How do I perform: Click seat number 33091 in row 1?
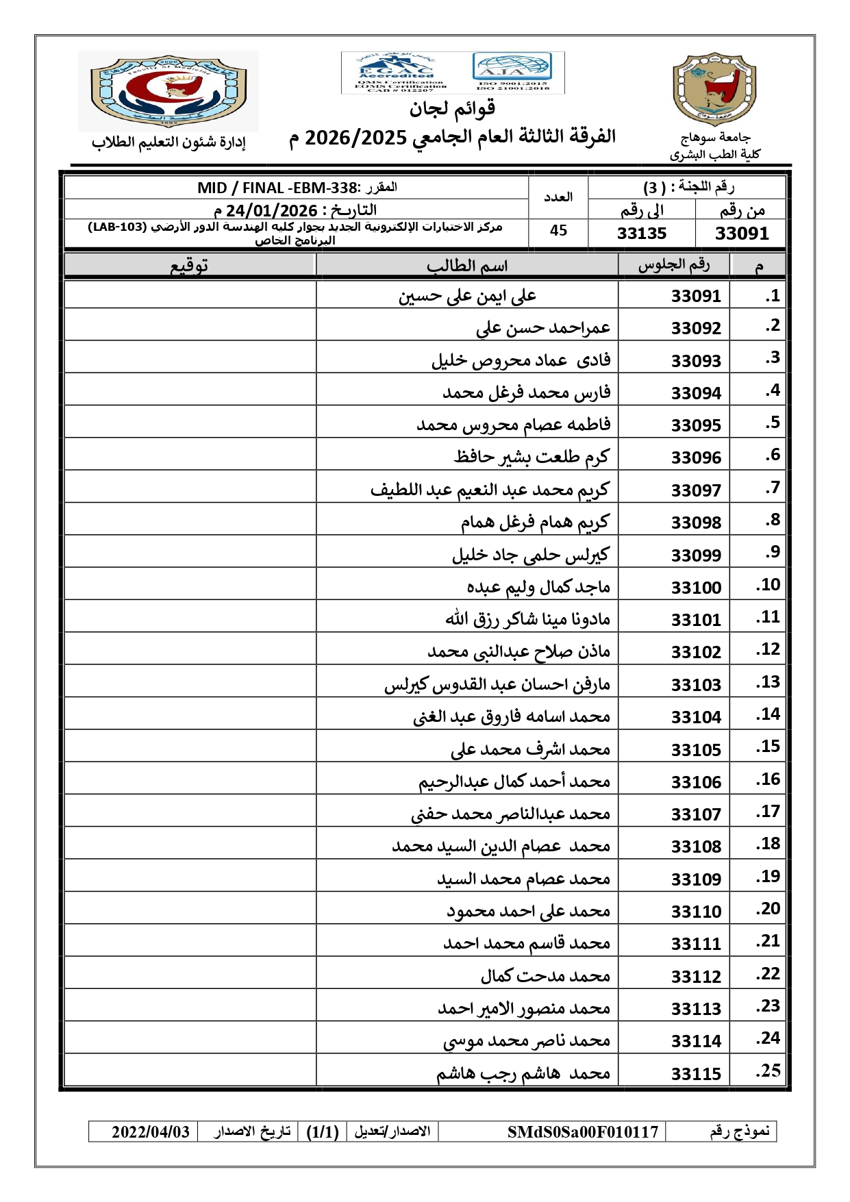click(x=696, y=296)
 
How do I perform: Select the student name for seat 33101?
click(x=527, y=619)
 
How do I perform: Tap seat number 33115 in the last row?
click(x=696, y=1073)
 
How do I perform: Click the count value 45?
click(x=558, y=231)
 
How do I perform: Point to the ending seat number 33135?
click(x=641, y=234)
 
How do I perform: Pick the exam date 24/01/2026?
click(x=272, y=210)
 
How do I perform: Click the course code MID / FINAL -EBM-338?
click(x=278, y=188)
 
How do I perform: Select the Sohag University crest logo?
click(x=714, y=89)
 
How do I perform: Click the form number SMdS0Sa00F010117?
click(x=582, y=1131)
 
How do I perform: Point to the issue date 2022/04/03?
click(x=151, y=1131)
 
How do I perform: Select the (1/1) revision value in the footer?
click(x=323, y=1131)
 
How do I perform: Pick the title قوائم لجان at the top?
click(x=452, y=108)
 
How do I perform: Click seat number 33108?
click(x=696, y=847)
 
